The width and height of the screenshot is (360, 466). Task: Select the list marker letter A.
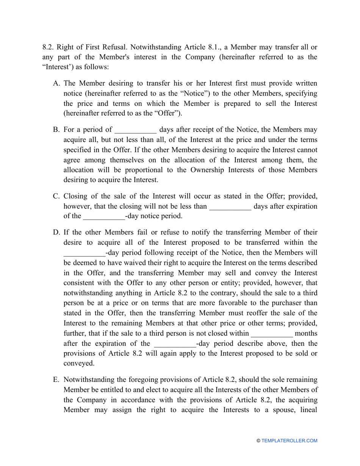pos(56,83)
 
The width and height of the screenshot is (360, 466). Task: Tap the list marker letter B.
pos(56,130)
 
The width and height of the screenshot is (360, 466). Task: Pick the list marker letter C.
pos(56,196)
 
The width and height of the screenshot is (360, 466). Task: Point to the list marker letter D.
pos(56,232)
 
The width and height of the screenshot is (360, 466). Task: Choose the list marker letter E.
pos(56,380)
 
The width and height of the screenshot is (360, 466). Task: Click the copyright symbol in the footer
pos(258,441)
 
